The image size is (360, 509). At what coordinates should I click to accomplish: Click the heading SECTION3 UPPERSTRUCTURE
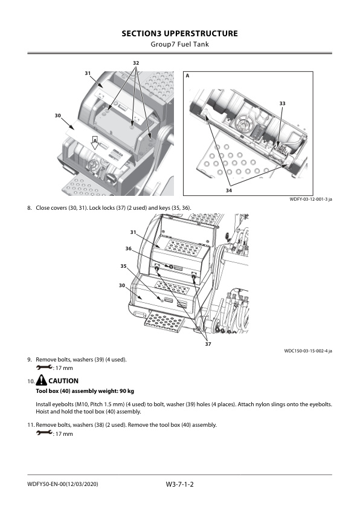[179, 33]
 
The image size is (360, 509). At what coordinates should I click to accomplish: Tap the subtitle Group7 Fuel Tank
[179, 44]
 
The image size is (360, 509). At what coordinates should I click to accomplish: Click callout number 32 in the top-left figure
[136, 63]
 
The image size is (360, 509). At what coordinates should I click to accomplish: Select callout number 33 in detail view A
[283, 103]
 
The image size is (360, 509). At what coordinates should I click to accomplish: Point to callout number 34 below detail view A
[229, 190]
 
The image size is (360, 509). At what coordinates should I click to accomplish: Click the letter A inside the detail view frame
[187, 76]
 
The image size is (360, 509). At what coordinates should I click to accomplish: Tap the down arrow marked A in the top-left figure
[95, 143]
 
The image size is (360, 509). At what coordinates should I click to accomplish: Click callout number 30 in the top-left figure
[58, 115]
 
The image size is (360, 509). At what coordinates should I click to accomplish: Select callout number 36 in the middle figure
[129, 248]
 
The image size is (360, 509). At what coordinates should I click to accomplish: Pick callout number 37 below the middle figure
[208, 344]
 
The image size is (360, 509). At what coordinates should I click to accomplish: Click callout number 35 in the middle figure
[123, 266]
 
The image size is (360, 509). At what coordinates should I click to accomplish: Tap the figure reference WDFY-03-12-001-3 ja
[310, 199]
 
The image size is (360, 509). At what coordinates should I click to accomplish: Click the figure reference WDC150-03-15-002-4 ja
[308, 351]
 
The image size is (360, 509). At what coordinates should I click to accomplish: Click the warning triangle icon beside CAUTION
[42, 380]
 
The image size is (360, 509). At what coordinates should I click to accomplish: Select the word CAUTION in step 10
[63, 381]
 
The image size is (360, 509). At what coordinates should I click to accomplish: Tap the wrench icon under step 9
[44, 368]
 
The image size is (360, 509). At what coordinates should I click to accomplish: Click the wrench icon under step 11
[44, 433]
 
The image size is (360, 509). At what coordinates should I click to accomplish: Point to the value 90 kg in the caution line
[127, 391]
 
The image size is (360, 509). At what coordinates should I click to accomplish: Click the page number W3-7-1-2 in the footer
[179, 485]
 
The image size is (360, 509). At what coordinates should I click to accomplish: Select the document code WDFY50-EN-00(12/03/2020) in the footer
[63, 484]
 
